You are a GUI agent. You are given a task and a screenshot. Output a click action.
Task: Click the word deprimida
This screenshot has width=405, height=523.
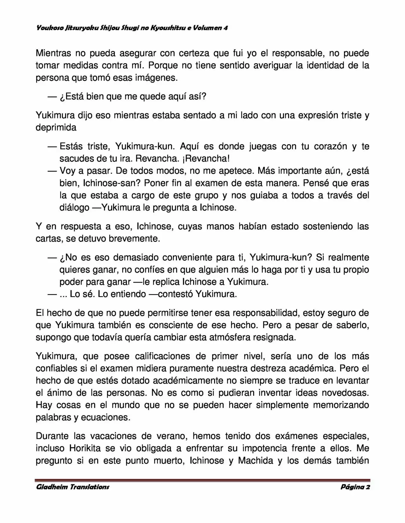point(56,128)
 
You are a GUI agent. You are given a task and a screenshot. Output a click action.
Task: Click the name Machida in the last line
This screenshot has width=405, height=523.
point(255,460)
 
